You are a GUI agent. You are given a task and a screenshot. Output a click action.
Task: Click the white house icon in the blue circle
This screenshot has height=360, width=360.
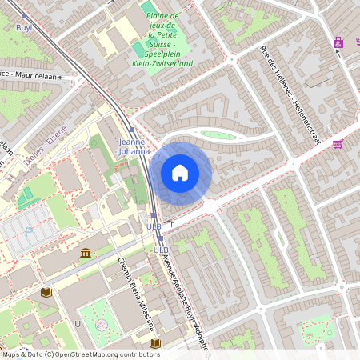coord(180,173)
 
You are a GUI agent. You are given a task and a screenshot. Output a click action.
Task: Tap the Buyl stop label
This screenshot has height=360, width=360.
coord(24,27)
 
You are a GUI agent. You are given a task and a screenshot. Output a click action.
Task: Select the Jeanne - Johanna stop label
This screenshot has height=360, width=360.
coord(134,146)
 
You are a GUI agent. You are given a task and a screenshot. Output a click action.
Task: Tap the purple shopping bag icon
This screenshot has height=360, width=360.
coord(339,42)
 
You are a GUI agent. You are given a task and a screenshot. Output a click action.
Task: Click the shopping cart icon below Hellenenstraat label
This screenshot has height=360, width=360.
coord(338,144)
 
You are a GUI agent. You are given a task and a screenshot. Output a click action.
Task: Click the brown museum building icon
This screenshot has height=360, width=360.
coord(86,254)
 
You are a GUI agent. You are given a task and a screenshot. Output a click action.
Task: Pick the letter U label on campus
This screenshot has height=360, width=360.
coord(78,323)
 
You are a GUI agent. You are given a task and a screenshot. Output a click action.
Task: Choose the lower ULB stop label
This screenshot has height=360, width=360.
coord(160,250)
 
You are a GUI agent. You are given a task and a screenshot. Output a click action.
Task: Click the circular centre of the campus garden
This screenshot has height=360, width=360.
coord(102,326)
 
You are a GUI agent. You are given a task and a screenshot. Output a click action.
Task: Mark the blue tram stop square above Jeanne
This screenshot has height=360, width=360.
coord(131,130)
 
